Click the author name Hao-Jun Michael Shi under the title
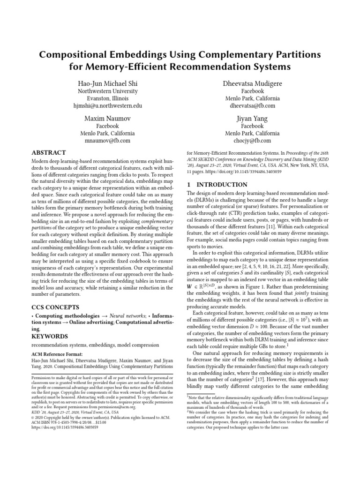tap(107, 83)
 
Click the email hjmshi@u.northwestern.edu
tap(107, 106)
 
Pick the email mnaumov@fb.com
tap(107, 140)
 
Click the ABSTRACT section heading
tap(48, 153)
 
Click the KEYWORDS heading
tap(49, 336)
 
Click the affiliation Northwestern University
tap(107, 91)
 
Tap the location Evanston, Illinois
tap(107, 99)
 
